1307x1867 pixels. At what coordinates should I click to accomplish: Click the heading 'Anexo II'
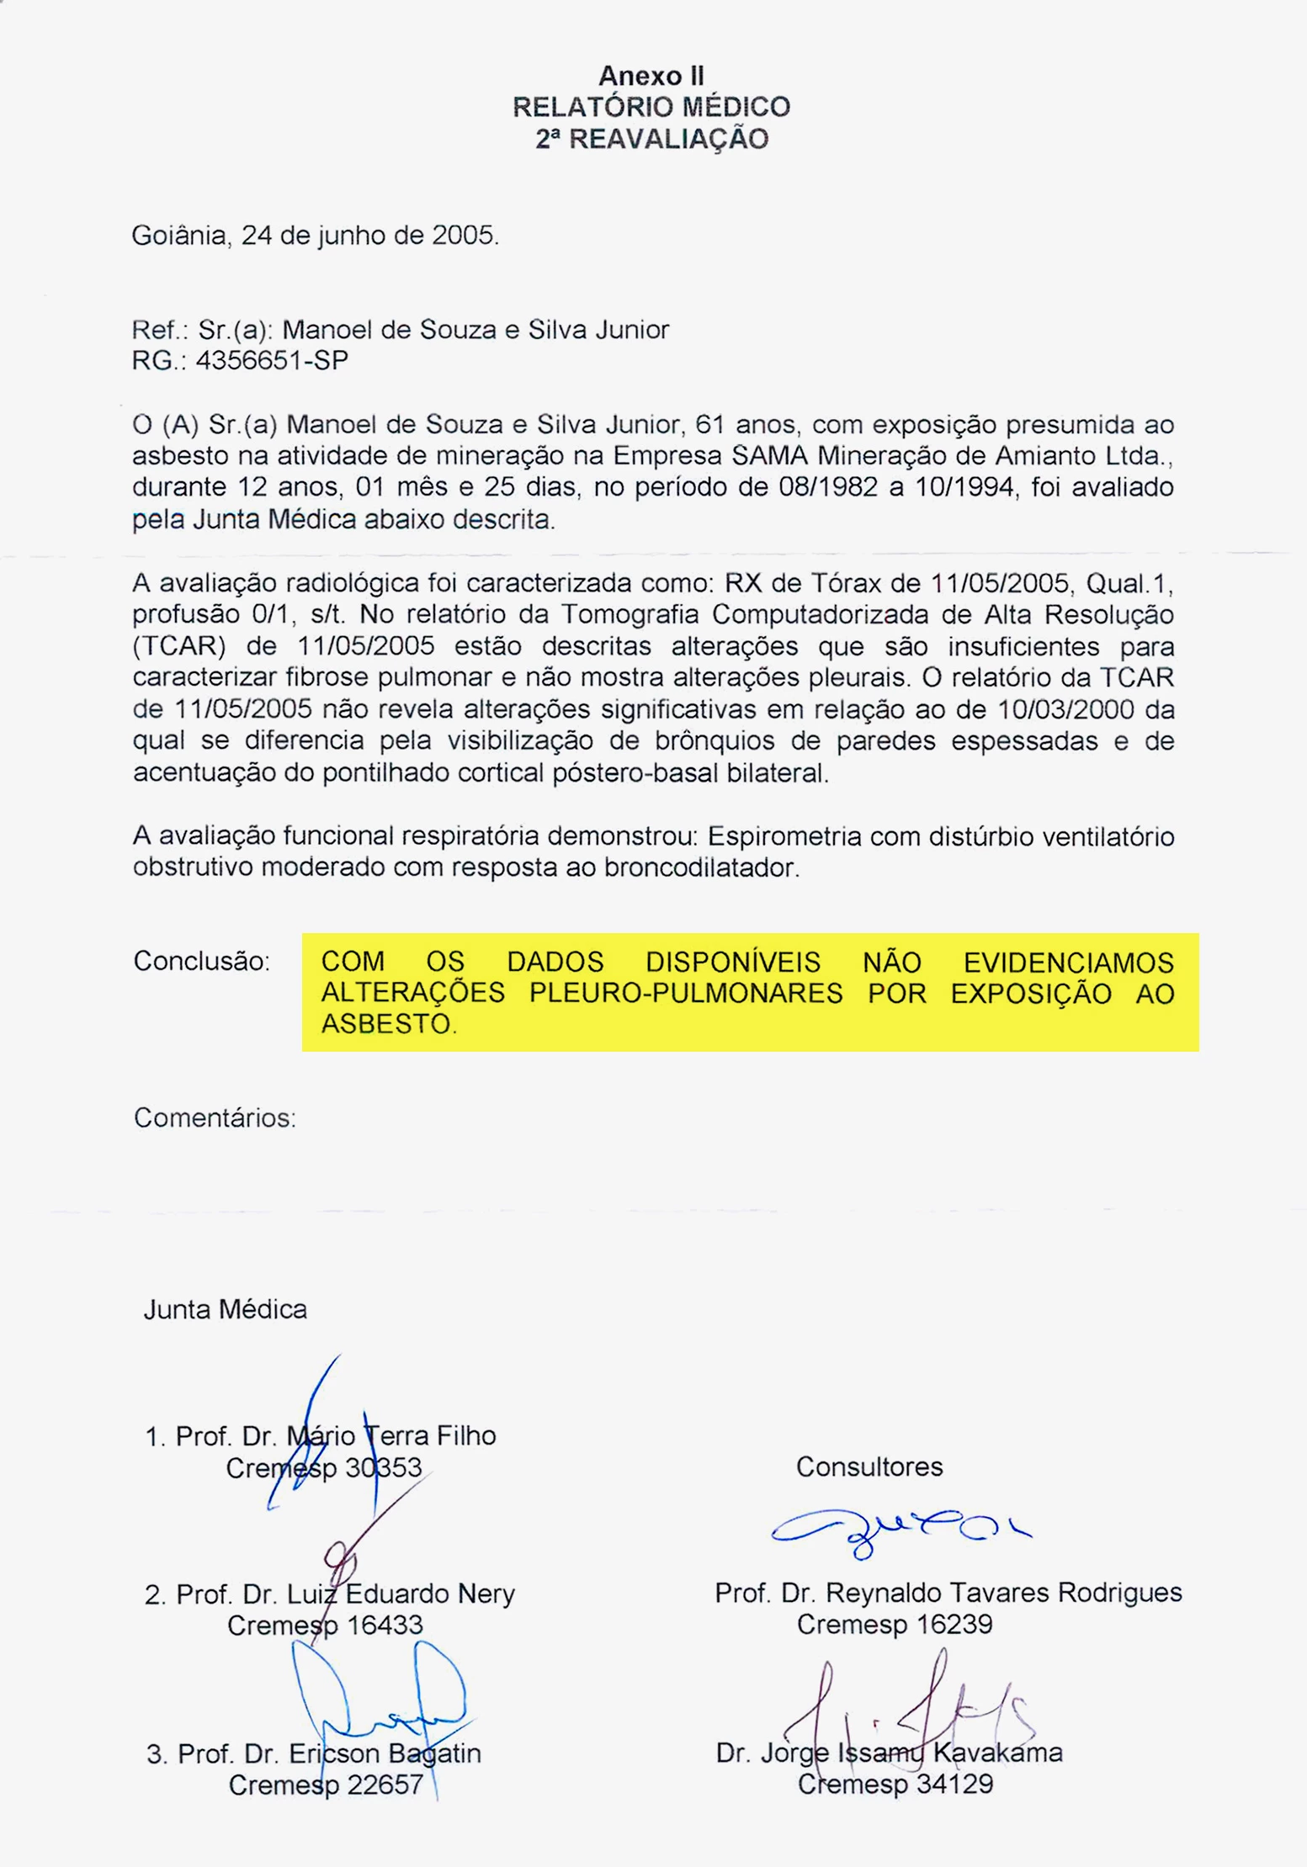coord(651,76)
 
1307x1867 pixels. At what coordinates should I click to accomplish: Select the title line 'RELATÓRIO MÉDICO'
coord(651,107)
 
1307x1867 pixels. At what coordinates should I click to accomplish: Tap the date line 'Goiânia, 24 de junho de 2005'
coord(315,235)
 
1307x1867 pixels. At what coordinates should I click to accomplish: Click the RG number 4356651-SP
coord(272,360)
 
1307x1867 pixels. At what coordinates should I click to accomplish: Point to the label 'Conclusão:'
coord(201,961)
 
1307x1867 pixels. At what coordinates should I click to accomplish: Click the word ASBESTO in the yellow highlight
coord(387,1024)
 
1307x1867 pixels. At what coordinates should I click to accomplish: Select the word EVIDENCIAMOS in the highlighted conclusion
coord(1068,962)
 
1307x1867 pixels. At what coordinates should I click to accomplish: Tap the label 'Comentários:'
coord(215,1117)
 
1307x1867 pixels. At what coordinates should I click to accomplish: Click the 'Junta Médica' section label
coord(225,1309)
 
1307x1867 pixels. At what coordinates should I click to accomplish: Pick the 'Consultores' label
coord(869,1467)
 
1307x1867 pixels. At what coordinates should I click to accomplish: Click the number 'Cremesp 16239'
coord(895,1624)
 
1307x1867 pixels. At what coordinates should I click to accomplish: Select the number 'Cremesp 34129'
coord(895,1784)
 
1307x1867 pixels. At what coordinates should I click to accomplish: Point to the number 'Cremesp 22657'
coord(326,1785)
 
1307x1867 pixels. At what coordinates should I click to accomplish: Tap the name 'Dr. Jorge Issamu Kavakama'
coord(889,1753)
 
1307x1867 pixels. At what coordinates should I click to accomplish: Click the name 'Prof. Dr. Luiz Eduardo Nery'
coord(329,1594)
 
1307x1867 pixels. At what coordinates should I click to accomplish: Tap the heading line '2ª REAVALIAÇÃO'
coord(651,139)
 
